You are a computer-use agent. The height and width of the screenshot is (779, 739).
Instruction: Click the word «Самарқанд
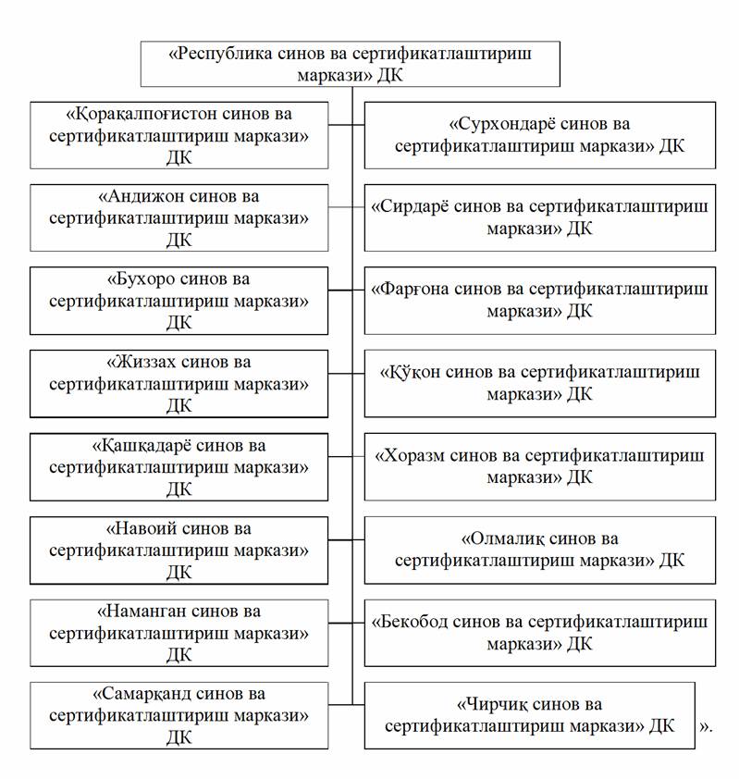[x=142, y=694]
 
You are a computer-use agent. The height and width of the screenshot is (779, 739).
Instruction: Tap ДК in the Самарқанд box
[x=179, y=738]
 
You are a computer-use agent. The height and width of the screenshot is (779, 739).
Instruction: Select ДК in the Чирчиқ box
[x=661, y=726]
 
